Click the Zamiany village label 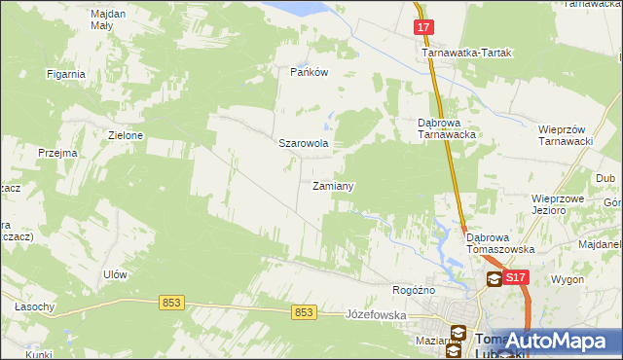(332, 186)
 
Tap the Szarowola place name (304, 143)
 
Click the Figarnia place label (66, 74)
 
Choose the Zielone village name (126, 136)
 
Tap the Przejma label (56, 153)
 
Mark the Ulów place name (115, 275)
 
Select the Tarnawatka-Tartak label (466, 54)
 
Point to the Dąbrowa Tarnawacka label (445, 129)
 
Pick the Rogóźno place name (413, 290)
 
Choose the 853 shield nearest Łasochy (171, 304)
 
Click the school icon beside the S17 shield (495, 279)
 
